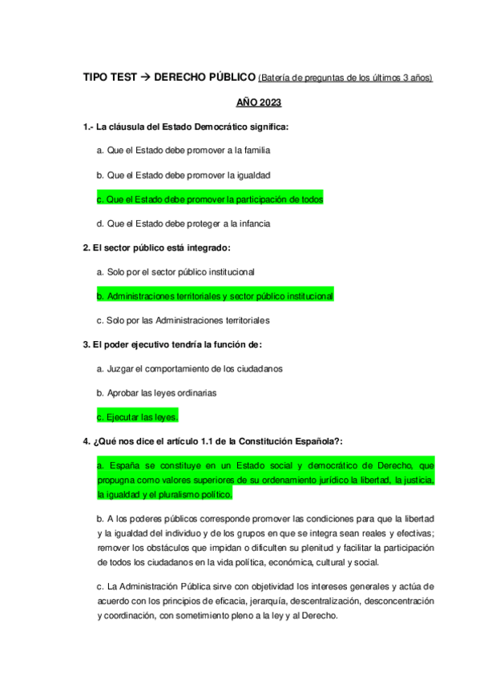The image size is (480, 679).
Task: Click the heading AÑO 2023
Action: point(258,103)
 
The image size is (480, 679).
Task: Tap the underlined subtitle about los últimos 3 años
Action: point(345,78)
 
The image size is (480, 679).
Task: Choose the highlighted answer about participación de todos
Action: point(209,199)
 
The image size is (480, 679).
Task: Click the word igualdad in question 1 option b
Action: point(248,175)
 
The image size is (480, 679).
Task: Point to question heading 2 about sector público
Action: point(157,248)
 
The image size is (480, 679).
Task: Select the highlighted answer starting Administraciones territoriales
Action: point(215,296)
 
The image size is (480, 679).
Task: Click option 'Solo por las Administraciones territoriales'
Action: point(183,321)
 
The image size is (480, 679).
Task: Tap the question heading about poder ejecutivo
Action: point(172,345)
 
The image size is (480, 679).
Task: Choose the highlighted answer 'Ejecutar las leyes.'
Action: point(137,417)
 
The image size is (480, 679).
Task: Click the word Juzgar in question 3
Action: point(120,369)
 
